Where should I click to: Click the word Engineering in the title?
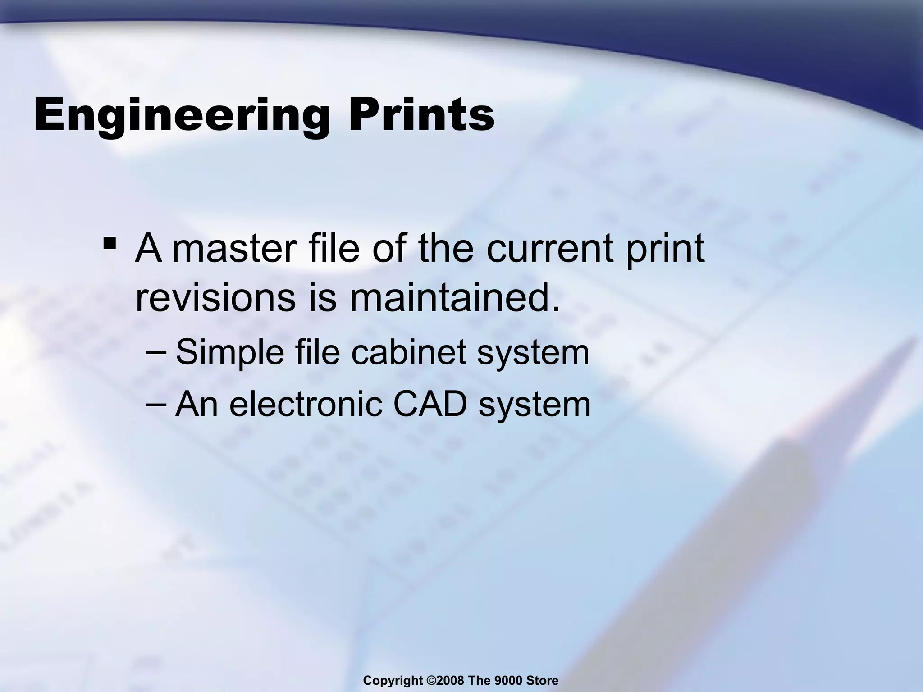180,115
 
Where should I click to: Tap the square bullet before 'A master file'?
109,244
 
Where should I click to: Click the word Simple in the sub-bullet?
230,353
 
